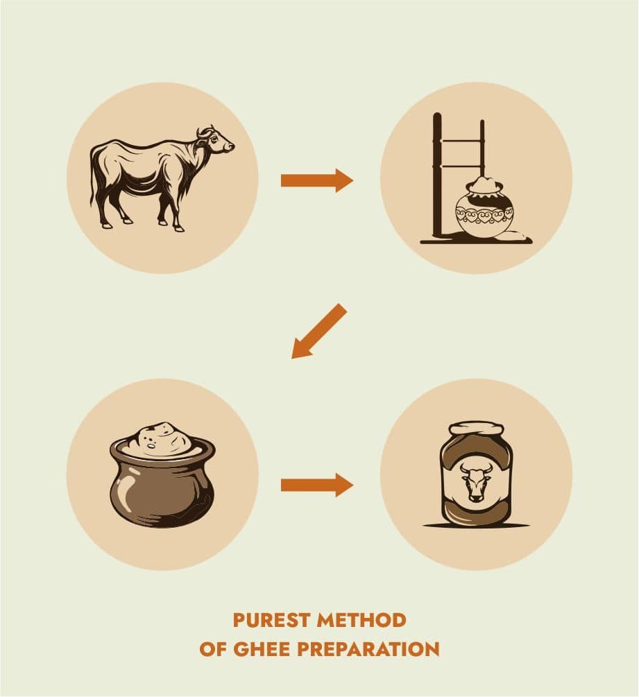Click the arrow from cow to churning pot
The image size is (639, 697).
coord(316,180)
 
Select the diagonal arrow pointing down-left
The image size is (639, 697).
coord(319,332)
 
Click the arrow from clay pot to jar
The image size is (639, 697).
coord(316,485)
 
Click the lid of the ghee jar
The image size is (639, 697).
coord(476,429)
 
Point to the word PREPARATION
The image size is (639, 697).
coord(368,649)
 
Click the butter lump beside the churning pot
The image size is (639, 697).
coord(518,236)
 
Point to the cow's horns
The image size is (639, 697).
coord(205,130)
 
